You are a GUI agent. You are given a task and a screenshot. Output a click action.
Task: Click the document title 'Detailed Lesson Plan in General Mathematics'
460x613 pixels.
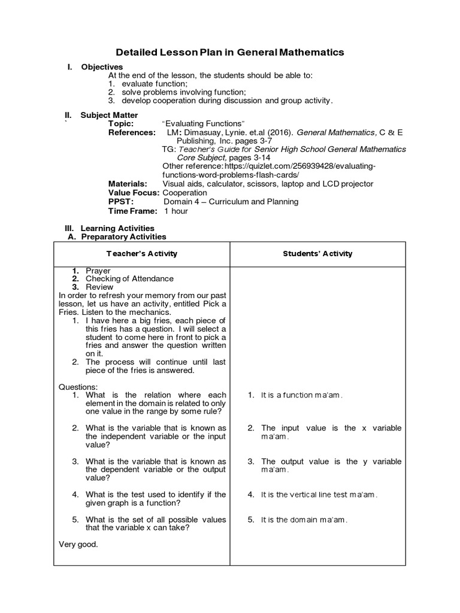[x=229, y=52]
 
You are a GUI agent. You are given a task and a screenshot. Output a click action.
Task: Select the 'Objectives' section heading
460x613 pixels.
[x=102, y=67]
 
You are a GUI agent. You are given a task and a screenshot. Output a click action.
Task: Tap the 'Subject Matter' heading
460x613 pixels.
[x=109, y=115]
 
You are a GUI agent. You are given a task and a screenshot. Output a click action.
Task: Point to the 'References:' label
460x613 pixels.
[x=132, y=132]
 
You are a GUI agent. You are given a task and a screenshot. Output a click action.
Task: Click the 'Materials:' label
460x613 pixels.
[x=128, y=184]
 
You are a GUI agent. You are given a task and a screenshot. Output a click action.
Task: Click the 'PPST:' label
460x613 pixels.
[x=120, y=202]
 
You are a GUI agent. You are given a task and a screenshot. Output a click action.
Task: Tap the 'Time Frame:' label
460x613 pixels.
[x=132, y=211]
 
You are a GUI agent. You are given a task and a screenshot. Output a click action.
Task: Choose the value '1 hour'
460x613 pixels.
[x=175, y=211]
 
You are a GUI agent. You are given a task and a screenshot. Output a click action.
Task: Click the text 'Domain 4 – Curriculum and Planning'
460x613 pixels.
[x=231, y=202]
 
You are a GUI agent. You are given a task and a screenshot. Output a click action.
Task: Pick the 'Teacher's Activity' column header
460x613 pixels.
[x=142, y=254]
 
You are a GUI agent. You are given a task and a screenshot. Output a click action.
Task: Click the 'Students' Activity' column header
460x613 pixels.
[x=317, y=254]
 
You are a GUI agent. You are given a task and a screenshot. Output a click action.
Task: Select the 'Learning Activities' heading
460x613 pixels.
[x=117, y=228]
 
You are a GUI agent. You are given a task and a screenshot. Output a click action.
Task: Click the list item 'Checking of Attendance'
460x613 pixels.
[x=129, y=279]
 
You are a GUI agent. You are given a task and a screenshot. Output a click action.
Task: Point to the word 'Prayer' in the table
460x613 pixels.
[x=98, y=271]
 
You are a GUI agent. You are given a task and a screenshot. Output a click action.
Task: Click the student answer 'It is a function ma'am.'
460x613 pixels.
[x=302, y=395]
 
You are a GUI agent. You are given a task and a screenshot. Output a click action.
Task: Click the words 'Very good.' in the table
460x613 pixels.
[x=78, y=544]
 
